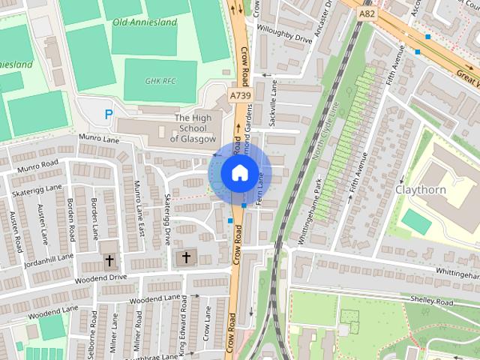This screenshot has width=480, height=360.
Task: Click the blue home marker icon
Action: (x=239, y=173)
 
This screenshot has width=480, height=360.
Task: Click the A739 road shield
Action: (x=239, y=95)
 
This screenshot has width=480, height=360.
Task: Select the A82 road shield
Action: (x=366, y=13)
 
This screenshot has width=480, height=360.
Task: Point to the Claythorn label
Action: (x=420, y=190)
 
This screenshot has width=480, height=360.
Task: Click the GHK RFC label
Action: (x=160, y=80)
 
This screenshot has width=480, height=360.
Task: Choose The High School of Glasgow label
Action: (x=193, y=128)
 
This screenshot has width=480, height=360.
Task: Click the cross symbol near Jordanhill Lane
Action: (x=109, y=261)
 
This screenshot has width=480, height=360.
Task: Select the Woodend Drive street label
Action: (x=101, y=277)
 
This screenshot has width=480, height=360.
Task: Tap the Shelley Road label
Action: (x=431, y=301)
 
